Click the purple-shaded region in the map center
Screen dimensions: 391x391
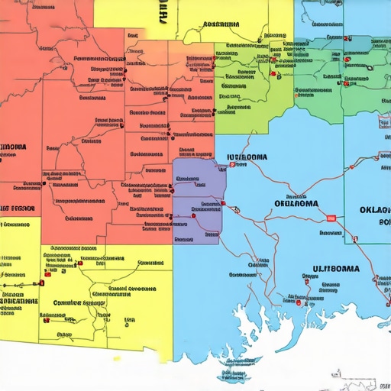[x=197, y=200]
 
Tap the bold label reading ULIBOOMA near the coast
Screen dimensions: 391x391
[x=335, y=269]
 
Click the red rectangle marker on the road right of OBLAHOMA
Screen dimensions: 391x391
[x=331, y=218]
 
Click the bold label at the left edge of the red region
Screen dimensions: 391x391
[x=14, y=147]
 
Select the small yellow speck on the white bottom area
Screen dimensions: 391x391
[x=117, y=357]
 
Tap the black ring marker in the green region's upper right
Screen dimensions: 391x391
[x=369, y=66]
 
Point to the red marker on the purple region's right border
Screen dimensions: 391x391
[x=223, y=203]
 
